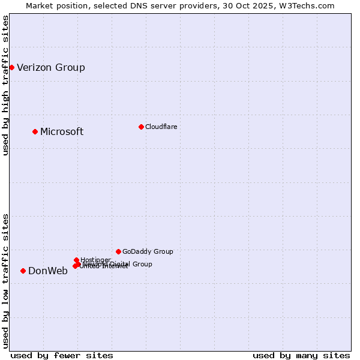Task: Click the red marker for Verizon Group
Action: [11, 67]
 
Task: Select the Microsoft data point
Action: [35, 131]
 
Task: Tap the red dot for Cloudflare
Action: [141, 127]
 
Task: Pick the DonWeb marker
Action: [23, 271]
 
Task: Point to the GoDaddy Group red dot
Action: [118, 251]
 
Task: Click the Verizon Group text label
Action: [51, 67]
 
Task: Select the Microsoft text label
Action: [62, 131]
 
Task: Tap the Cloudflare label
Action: [161, 127]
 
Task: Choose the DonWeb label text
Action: [48, 271]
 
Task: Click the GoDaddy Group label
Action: [148, 251]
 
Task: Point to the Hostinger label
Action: [95, 260]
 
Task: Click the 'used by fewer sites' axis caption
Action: [62, 355]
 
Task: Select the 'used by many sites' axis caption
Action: [301, 355]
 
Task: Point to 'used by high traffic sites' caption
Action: [5, 85]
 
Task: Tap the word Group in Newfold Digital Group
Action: [142, 264]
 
